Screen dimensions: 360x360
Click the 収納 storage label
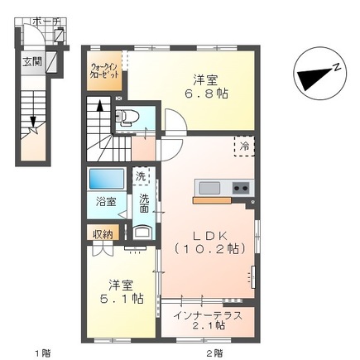pyautogui.click(x=102, y=233)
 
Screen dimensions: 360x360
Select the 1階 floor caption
pyautogui.click(x=41, y=353)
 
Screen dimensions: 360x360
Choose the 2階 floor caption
pyautogui.click(x=213, y=353)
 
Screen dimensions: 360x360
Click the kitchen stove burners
pyautogui.click(x=241, y=188)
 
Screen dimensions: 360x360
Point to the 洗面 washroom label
pyautogui.click(x=144, y=204)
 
